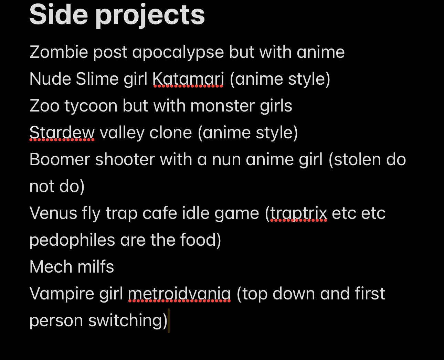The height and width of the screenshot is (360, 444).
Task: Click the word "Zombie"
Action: point(59,52)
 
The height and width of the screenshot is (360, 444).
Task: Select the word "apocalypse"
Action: point(178,53)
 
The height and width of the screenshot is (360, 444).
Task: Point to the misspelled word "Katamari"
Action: point(188,79)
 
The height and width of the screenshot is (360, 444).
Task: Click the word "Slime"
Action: point(97,79)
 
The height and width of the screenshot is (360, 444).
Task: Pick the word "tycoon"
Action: point(91,106)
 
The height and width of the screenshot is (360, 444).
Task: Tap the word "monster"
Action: point(222,106)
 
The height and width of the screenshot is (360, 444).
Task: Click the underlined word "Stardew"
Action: point(62,133)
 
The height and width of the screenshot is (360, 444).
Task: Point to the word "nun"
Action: point(226,160)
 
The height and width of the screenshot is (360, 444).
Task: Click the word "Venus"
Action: point(53,213)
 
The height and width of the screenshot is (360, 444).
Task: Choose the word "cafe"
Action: point(160,213)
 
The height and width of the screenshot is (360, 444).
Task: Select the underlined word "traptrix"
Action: point(298,213)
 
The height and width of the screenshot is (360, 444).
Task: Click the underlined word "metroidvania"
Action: point(179,294)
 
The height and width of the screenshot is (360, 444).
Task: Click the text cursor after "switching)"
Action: point(169,321)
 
